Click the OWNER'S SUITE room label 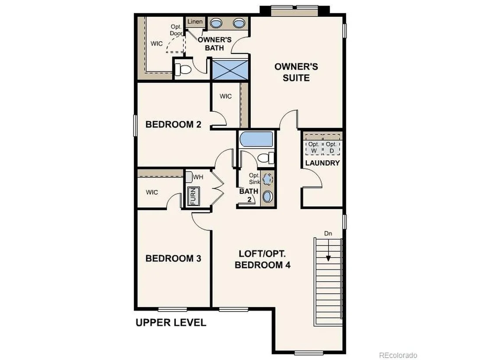click(x=296, y=72)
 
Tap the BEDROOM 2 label click(x=173, y=125)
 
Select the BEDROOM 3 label click(x=173, y=258)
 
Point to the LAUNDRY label click(x=322, y=163)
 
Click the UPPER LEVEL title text click(x=171, y=322)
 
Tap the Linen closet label click(x=195, y=21)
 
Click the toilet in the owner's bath click(x=183, y=69)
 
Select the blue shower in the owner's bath click(x=230, y=70)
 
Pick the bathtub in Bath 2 click(x=256, y=139)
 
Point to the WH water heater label click(x=198, y=177)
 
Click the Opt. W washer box click(x=314, y=147)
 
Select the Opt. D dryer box click(x=331, y=147)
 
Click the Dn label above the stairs click(x=328, y=234)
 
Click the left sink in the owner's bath click(x=216, y=23)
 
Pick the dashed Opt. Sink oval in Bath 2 click(x=268, y=179)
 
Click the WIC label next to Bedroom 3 click(x=152, y=192)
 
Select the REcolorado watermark click(x=398, y=355)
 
